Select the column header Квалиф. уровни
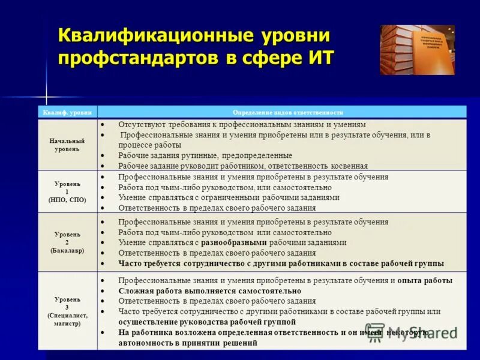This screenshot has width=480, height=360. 67,112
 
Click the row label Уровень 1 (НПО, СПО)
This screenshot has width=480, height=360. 67,191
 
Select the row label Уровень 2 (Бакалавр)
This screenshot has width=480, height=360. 67,242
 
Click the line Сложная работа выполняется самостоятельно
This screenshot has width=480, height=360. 209,290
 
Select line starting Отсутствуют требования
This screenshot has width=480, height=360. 242,124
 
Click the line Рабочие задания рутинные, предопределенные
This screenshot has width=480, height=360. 205,155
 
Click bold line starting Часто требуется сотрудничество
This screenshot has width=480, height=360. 281,263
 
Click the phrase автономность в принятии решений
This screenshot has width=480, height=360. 187,343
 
